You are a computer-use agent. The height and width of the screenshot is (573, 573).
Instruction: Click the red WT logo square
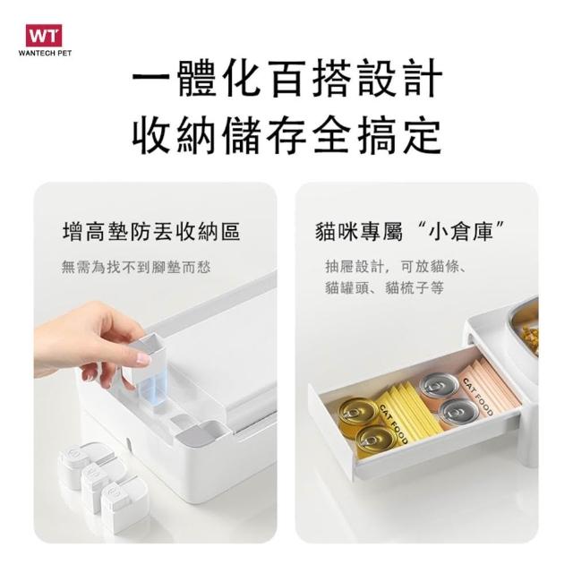(44, 36)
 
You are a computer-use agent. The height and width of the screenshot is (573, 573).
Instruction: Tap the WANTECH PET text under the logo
(45, 53)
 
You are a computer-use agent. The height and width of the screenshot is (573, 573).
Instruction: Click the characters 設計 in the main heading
(400, 78)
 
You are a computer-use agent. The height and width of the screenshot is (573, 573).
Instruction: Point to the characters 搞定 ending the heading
(399, 134)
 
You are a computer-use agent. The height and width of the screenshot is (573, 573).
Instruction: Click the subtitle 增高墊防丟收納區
(151, 232)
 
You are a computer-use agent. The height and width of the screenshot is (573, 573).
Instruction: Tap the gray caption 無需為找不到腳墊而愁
(136, 267)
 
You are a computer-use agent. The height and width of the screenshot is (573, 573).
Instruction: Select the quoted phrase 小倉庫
(460, 232)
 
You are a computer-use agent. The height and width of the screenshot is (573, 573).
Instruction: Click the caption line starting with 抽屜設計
(396, 267)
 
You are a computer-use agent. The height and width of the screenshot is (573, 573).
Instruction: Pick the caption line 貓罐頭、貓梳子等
(384, 288)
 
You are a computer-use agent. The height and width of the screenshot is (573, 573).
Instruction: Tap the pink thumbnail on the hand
(143, 358)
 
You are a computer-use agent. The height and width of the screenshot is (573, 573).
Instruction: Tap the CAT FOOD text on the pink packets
(478, 398)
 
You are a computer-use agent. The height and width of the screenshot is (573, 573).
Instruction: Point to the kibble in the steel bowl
(531, 338)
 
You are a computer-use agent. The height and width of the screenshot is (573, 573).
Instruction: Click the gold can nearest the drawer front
(376, 441)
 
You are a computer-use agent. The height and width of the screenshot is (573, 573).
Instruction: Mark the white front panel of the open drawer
(330, 432)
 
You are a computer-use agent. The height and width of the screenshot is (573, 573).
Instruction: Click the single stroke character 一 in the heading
(151, 78)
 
